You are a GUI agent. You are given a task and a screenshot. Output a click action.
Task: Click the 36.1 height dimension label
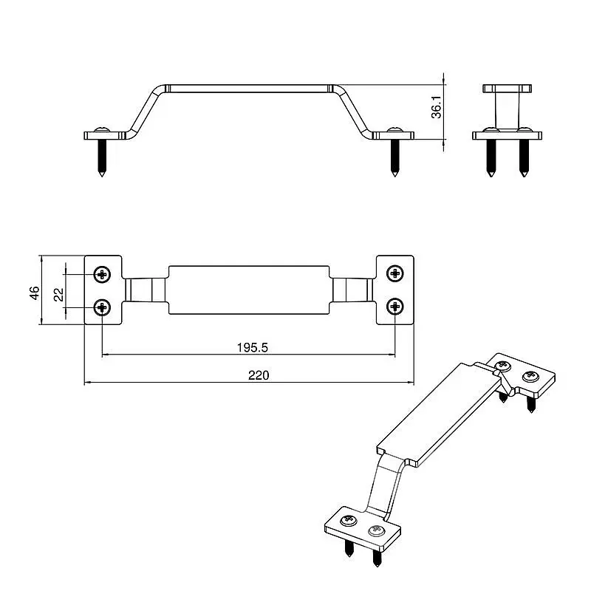click(437, 107)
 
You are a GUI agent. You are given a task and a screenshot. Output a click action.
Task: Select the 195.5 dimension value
click(252, 347)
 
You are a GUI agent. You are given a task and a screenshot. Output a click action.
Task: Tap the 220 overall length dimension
click(259, 375)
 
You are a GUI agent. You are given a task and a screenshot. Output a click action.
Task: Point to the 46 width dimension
click(34, 293)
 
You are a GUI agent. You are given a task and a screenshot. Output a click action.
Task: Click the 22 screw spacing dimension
click(59, 295)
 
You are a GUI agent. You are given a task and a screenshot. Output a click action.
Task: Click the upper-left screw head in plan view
click(102, 274)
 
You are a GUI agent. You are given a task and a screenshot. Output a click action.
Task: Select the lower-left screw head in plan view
click(102, 307)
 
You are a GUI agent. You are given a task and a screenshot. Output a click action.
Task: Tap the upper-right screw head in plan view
click(395, 273)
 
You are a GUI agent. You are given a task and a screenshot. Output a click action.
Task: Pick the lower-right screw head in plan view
click(395, 307)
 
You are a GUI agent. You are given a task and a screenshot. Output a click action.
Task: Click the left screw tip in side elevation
click(102, 176)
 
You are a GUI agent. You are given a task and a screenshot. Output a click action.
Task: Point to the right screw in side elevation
click(394, 158)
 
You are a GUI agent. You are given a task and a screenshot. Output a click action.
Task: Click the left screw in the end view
click(491, 158)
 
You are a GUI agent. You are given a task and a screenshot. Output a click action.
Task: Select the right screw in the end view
click(524, 158)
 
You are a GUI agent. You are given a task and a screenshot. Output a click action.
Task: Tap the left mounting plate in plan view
click(103, 290)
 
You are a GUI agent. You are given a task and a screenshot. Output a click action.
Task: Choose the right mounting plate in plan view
click(395, 290)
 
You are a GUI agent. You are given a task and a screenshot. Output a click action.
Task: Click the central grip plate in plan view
click(249, 290)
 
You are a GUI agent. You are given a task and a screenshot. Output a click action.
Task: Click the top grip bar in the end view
click(508, 89)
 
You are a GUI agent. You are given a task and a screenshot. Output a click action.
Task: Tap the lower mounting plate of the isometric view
click(363, 527)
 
